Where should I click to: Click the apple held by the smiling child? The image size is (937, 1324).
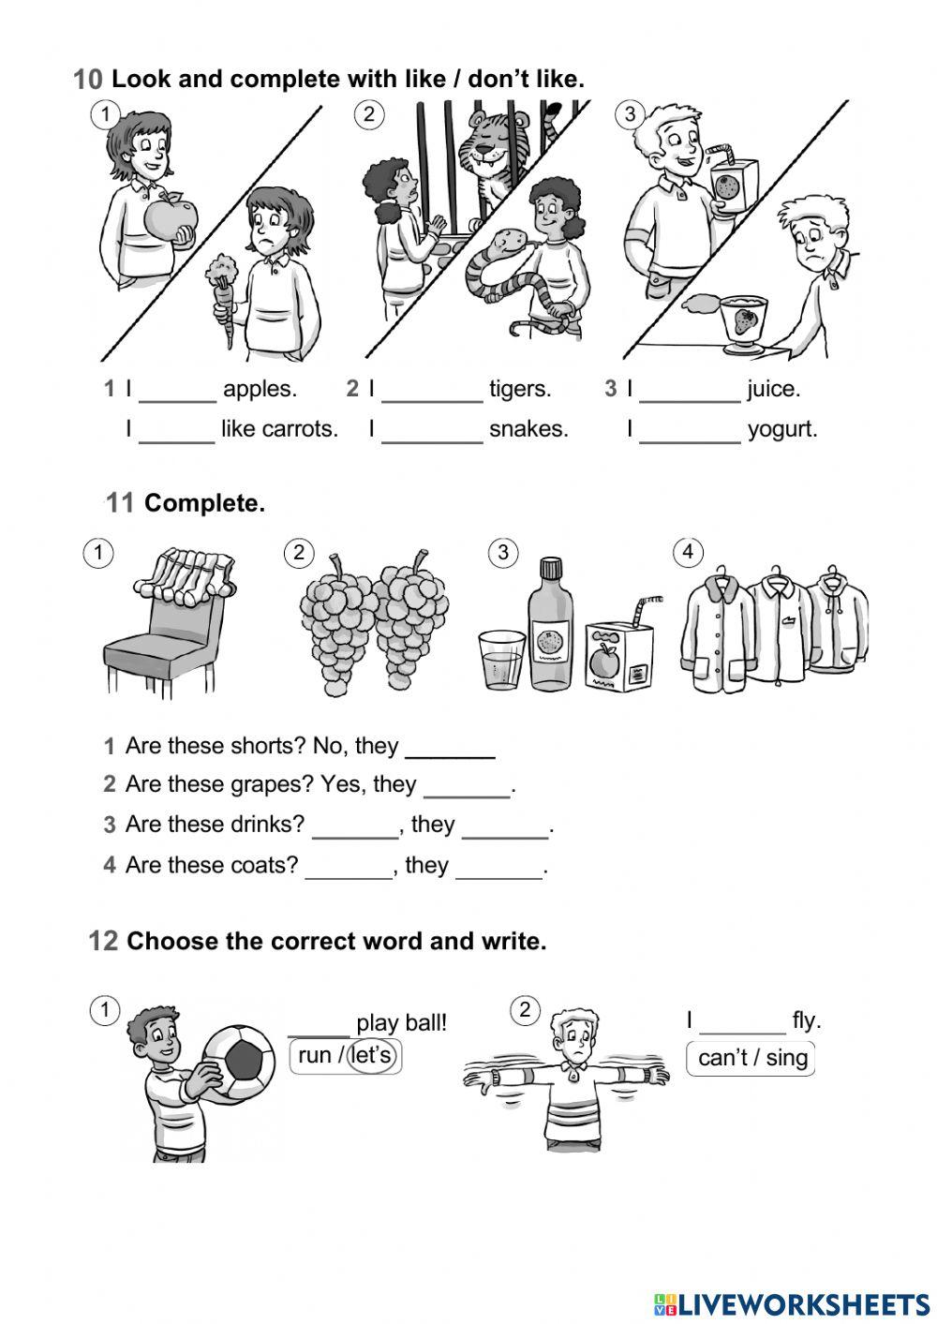click(171, 217)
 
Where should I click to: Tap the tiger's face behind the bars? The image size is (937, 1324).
click(489, 149)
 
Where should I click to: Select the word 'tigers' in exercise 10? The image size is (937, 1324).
click(520, 388)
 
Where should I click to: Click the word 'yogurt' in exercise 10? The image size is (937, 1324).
click(782, 429)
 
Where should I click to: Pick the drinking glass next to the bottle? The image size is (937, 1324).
click(502, 661)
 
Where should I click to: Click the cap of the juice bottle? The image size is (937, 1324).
click(551, 568)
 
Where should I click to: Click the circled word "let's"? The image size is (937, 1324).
click(371, 1055)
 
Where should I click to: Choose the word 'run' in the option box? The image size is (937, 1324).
click(315, 1055)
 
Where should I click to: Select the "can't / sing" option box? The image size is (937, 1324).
click(751, 1059)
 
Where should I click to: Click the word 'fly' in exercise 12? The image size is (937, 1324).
click(806, 1020)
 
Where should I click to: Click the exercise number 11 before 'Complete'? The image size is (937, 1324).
click(120, 503)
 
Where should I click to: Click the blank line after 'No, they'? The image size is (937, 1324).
click(451, 757)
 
